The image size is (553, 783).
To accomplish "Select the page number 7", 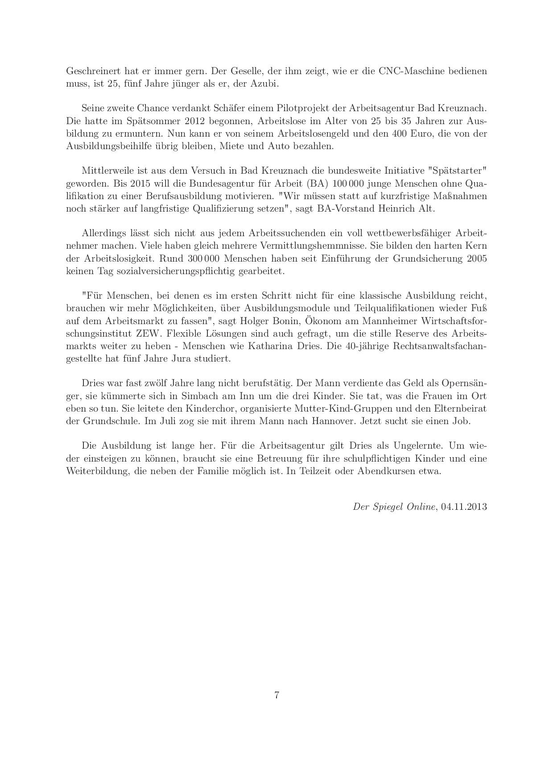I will point(277,695).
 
